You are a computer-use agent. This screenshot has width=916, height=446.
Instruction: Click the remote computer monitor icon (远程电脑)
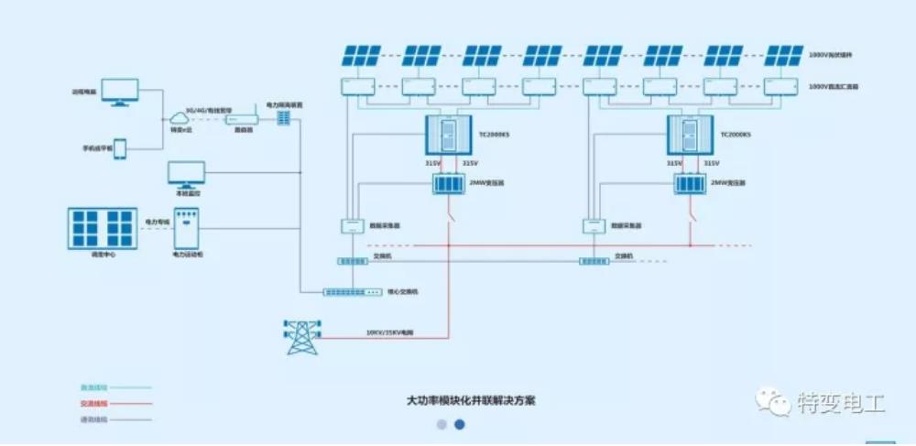pos(120,91)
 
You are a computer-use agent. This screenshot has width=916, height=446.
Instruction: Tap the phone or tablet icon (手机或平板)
pos(119,148)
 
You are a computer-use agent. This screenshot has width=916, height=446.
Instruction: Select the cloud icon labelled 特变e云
pos(177,118)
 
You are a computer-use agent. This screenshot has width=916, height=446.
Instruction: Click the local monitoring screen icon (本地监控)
pos(187,174)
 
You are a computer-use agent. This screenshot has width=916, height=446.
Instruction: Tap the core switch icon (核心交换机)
pos(352,292)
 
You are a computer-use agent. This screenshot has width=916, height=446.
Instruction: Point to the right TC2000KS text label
pos(735,135)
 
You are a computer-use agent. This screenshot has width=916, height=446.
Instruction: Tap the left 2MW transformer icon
pos(449,183)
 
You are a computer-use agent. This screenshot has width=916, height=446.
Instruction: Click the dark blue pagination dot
pos(460,425)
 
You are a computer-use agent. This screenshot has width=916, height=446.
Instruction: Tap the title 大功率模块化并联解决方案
pos(471,401)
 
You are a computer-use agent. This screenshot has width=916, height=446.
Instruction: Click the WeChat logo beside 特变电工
pos(772,401)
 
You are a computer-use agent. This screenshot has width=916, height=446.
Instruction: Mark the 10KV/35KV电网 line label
pos(389,332)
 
